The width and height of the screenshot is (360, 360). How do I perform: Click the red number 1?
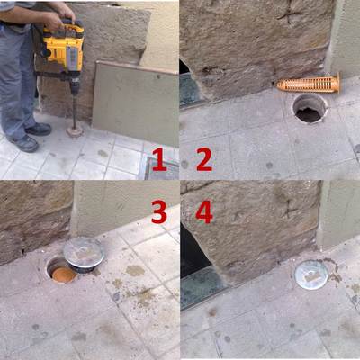pyautogui.click(x=158, y=161)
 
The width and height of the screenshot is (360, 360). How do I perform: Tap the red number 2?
pyautogui.click(x=203, y=161)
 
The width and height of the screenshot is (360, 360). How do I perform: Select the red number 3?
pyautogui.click(x=158, y=212)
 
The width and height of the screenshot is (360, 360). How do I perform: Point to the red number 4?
pyautogui.click(x=203, y=212)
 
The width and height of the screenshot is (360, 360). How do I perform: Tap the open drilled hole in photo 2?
pyautogui.click(x=309, y=109)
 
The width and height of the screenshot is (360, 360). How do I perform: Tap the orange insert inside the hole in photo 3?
pyautogui.click(x=59, y=270)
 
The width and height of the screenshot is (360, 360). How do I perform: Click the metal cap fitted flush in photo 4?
pyautogui.click(x=310, y=274)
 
